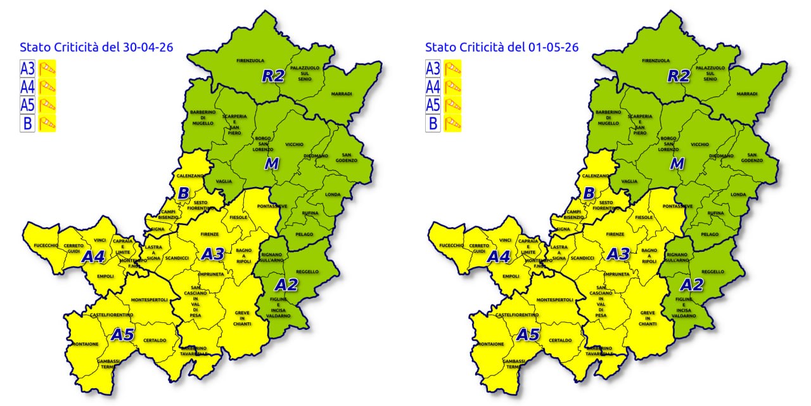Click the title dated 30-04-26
pyautogui.click(x=97, y=47)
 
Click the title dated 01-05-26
pyautogui.click(x=502, y=47)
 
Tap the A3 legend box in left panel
pyautogui.click(x=27, y=69)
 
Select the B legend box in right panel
pyautogui.click(x=433, y=123)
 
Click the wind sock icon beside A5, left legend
pyautogui.click(x=47, y=105)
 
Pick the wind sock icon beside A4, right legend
pyautogui.click(x=452, y=86)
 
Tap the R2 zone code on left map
pyautogui.click(x=274, y=77)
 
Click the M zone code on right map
pyautogui.click(x=677, y=164)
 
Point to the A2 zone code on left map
pyautogui.click(x=286, y=284)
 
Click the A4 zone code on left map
pyautogui.click(x=93, y=257)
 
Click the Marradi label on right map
pyautogui.click(x=747, y=93)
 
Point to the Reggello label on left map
pyautogui.click(x=307, y=272)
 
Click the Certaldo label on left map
pyautogui.click(x=155, y=340)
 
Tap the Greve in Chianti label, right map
pyautogui.click(x=648, y=318)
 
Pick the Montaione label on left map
pyautogui.click(x=86, y=344)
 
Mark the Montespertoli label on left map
pyautogui.click(x=149, y=299)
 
